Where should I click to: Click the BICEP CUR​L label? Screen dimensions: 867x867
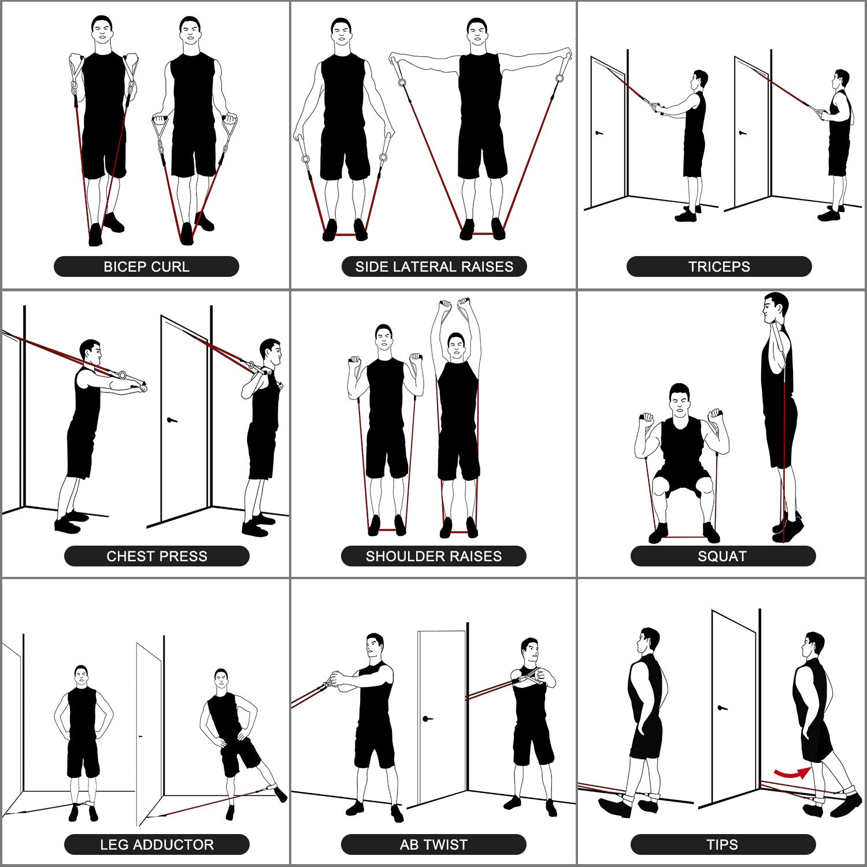[146, 266]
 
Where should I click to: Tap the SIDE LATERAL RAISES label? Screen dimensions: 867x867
[434, 266]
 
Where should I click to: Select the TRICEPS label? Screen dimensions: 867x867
[719, 266]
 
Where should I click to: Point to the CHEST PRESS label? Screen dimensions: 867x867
[157, 556]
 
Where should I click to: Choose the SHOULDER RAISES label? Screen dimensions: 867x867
[433, 556]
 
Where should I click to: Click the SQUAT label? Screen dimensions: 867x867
[722, 556]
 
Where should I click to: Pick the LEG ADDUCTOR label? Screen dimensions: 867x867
[157, 844]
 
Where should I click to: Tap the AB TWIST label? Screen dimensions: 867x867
[433, 844]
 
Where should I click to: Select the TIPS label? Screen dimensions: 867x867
[722, 844]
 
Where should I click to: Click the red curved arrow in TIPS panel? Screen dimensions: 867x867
[791, 773]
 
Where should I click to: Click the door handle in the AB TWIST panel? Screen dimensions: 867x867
[428, 719]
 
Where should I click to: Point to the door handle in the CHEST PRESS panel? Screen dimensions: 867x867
[171, 420]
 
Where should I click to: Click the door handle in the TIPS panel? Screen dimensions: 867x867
[721, 707]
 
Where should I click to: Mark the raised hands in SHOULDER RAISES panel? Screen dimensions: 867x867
[454, 304]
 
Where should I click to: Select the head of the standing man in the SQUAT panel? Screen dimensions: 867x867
[775, 308]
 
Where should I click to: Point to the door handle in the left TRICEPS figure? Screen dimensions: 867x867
[599, 133]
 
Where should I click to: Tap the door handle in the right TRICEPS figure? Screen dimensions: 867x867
[743, 133]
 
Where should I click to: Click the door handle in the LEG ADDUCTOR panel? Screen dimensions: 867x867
[140, 736]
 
